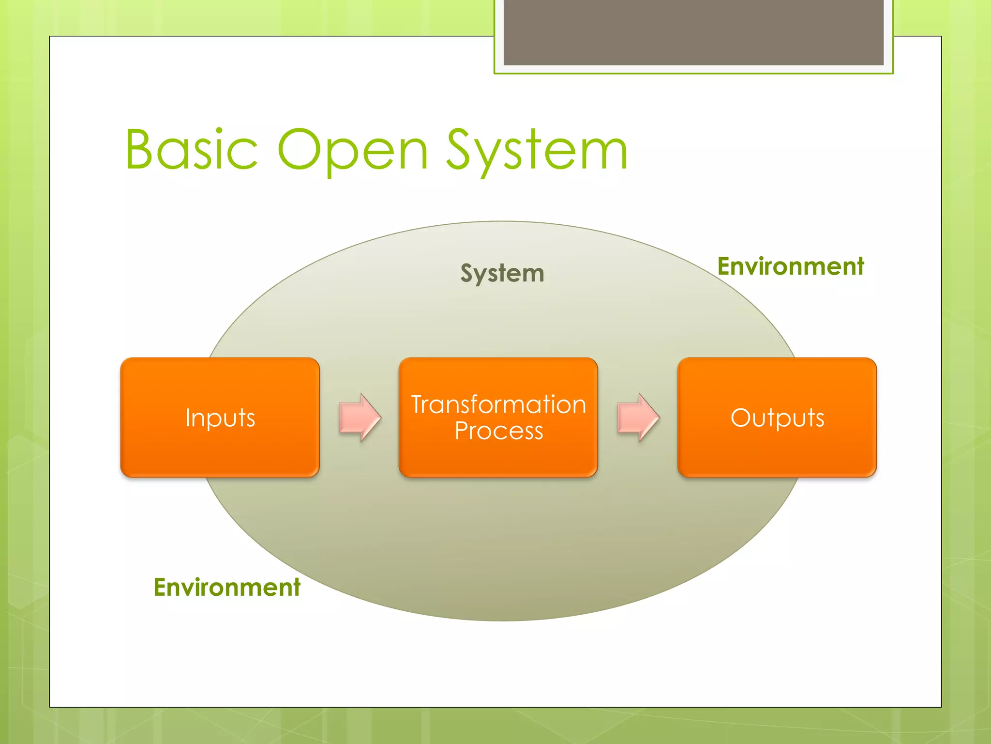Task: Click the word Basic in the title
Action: coord(192,150)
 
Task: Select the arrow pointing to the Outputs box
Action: coord(638,418)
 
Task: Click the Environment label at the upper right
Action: coord(791,266)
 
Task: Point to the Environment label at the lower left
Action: coord(227,588)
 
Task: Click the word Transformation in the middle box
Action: coord(498,405)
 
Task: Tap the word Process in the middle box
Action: coord(499,431)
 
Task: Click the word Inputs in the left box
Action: coord(220,418)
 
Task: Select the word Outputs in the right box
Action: coord(778,418)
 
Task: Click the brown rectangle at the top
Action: coord(693,32)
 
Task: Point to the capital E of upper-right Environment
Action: coord(724,266)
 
